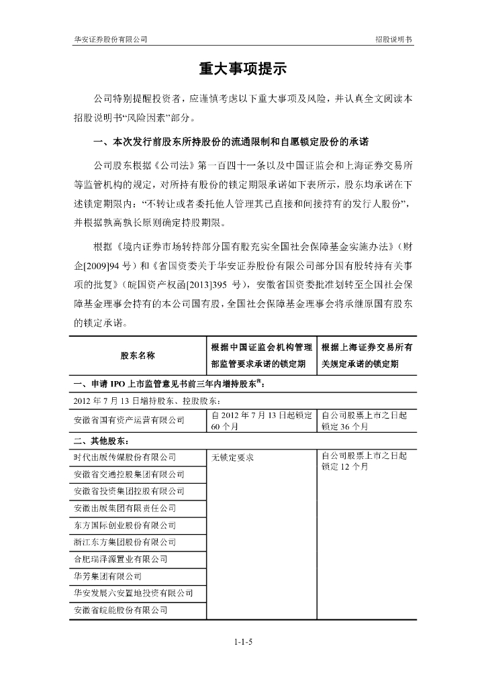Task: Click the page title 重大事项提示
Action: [x=243, y=69]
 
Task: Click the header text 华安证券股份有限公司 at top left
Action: [x=110, y=40]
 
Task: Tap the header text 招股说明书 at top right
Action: [x=394, y=40]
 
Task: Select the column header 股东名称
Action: [x=138, y=355]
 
